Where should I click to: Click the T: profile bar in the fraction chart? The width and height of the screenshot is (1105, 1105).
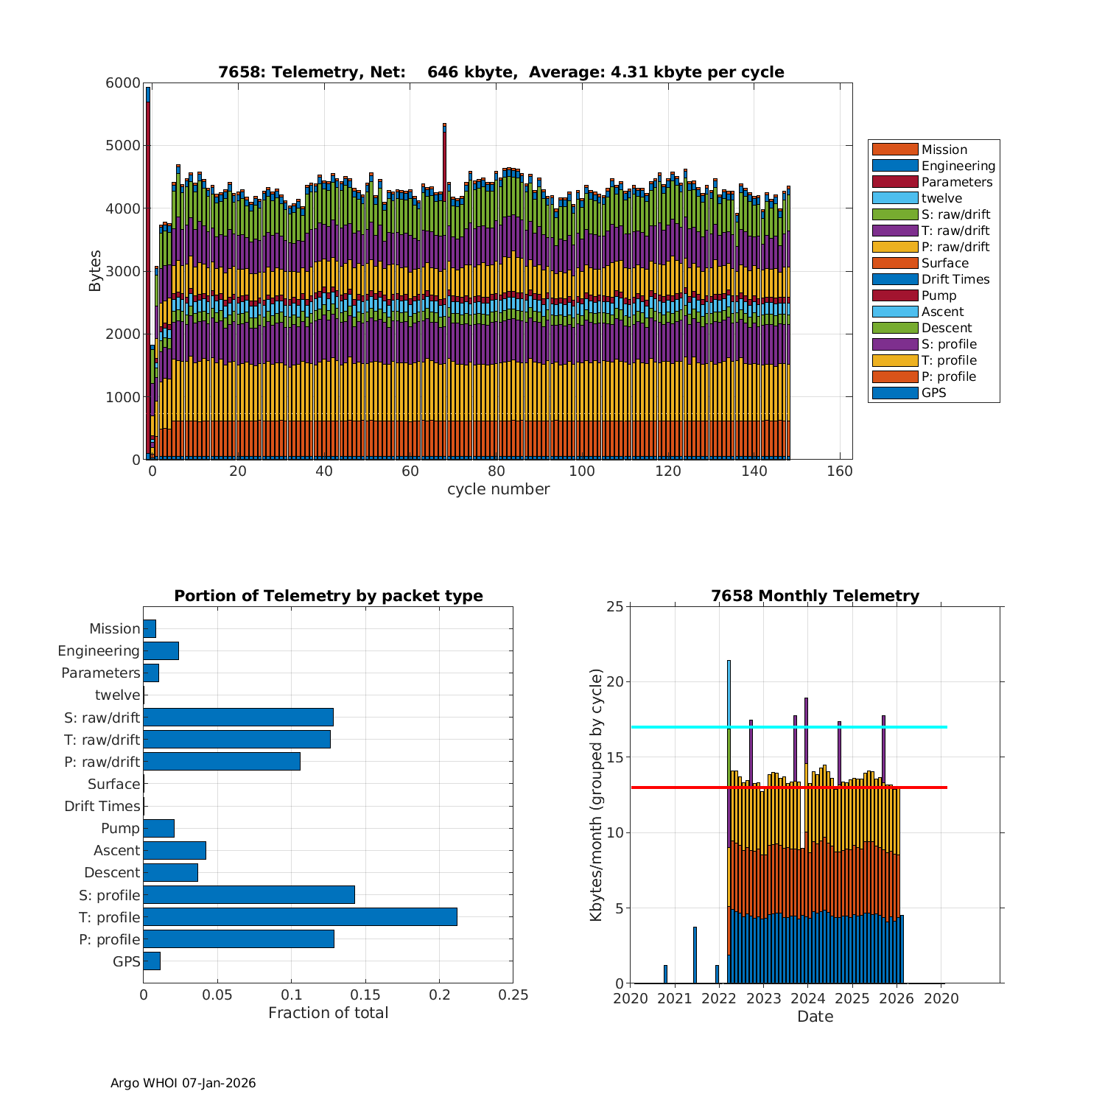(x=300, y=916)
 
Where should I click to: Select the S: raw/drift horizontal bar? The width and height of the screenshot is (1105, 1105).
(x=238, y=717)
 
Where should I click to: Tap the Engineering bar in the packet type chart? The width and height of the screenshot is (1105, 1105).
(x=161, y=650)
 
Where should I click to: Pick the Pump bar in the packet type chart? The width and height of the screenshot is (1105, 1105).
(x=158, y=828)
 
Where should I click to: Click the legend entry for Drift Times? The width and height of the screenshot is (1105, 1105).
(x=955, y=279)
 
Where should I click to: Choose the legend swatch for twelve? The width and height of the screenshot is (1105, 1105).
(x=894, y=198)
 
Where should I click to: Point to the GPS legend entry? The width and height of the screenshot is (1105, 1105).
(x=933, y=393)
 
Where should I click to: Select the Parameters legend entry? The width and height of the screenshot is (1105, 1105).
(x=956, y=182)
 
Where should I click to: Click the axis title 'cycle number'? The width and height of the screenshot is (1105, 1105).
(x=498, y=489)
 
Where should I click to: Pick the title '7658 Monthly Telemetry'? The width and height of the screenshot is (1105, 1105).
(x=815, y=596)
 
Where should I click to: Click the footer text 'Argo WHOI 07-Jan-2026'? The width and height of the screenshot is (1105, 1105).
(x=183, y=1083)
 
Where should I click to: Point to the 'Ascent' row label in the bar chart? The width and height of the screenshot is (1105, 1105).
(x=116, y=850)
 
